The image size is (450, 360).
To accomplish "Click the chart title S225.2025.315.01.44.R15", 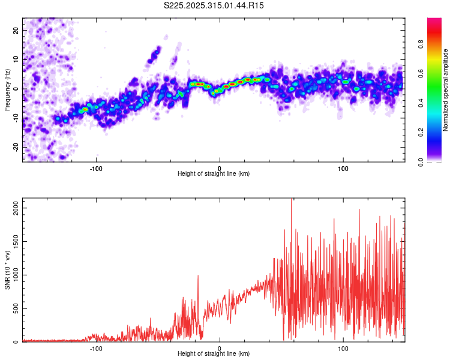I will point(214,5).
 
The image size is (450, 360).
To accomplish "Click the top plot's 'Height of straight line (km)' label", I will point(214,173).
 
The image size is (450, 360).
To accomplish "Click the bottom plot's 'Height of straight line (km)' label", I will point(214,354).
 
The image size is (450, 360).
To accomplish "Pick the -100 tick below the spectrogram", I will point(96,167).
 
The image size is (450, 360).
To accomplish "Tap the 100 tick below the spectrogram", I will point(343,167).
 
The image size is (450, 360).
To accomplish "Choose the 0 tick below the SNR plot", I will point(220,348).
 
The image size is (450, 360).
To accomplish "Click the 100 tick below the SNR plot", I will point(343,348).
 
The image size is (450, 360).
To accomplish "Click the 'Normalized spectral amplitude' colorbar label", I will point(446,89).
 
